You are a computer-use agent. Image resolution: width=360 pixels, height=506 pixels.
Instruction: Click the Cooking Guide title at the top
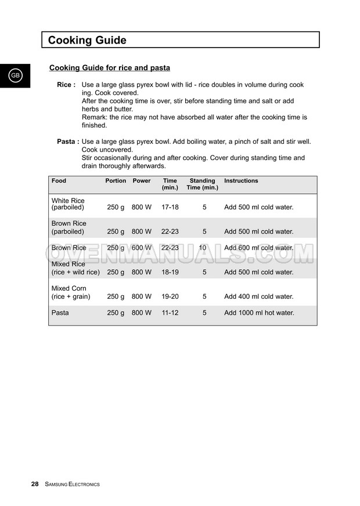(87, 40)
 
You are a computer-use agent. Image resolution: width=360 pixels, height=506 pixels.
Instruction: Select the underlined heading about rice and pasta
(110, 68)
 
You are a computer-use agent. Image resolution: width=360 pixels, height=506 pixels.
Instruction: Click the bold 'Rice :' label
(66, 85)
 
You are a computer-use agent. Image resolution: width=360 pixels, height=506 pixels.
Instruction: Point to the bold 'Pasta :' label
(68, 142)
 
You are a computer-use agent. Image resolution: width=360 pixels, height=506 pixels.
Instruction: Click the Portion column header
(116, 181)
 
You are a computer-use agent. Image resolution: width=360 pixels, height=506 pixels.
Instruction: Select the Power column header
(142, 181)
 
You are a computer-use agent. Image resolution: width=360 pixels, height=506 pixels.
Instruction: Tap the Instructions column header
(241, 181)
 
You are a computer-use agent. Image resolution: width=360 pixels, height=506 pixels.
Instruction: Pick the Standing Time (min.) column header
(202, 184)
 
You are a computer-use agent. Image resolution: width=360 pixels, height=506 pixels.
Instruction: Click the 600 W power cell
(142, 248)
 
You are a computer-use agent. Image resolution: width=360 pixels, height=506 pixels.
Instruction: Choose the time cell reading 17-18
(170, 207)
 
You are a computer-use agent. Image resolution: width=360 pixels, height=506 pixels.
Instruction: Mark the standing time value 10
(203, 248)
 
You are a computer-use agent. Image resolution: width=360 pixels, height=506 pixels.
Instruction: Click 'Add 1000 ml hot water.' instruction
(259, 313)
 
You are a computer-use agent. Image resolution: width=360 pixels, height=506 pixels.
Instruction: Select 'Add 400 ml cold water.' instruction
(258, 297)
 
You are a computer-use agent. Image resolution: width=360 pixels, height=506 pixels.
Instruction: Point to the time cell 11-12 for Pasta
(170, 313)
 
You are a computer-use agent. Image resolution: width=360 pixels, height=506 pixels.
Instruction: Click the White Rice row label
(68, 204)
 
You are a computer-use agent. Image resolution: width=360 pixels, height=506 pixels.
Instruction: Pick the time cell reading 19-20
(170, 297)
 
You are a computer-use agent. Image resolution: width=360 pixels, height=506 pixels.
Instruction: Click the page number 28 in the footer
(35, 484)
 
